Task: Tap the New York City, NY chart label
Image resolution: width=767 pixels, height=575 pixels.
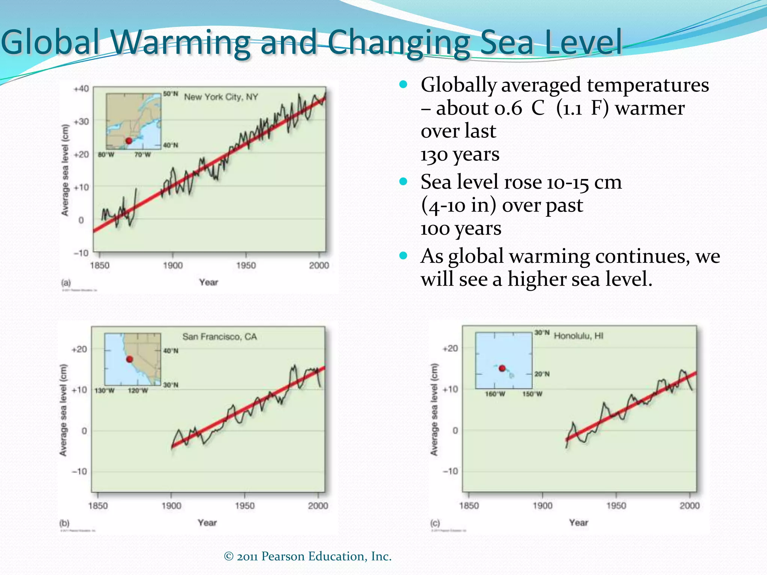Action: [221, 97]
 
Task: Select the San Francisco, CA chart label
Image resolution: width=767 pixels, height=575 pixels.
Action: [220, 337]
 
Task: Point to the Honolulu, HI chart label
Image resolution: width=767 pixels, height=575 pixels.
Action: [579, 335]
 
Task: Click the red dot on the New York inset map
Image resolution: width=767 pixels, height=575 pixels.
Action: [129, 141]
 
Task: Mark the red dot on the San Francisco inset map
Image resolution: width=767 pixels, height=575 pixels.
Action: [130, 359]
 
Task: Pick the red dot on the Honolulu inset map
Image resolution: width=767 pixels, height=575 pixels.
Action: [502, 368]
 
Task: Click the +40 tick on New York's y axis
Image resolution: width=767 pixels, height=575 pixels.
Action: [81, 89]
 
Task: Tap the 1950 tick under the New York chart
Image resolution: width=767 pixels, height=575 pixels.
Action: [246, 265]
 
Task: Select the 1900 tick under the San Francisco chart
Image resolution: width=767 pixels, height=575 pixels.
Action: [171, 506]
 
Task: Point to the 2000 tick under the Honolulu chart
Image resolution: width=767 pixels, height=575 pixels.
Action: [689, 506]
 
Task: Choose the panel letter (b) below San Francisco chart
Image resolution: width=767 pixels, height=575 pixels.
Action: [64, 523]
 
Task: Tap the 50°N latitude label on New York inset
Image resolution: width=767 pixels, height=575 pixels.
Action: [170, 94]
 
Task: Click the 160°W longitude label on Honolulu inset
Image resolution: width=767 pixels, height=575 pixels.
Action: [495, 394]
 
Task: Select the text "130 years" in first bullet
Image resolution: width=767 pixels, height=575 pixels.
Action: [460, 154]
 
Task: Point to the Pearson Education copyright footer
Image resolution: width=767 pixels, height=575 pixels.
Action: [307, 556]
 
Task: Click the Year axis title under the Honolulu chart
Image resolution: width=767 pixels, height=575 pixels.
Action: [579, 523]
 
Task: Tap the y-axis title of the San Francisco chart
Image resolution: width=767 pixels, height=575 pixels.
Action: [63, 410]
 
